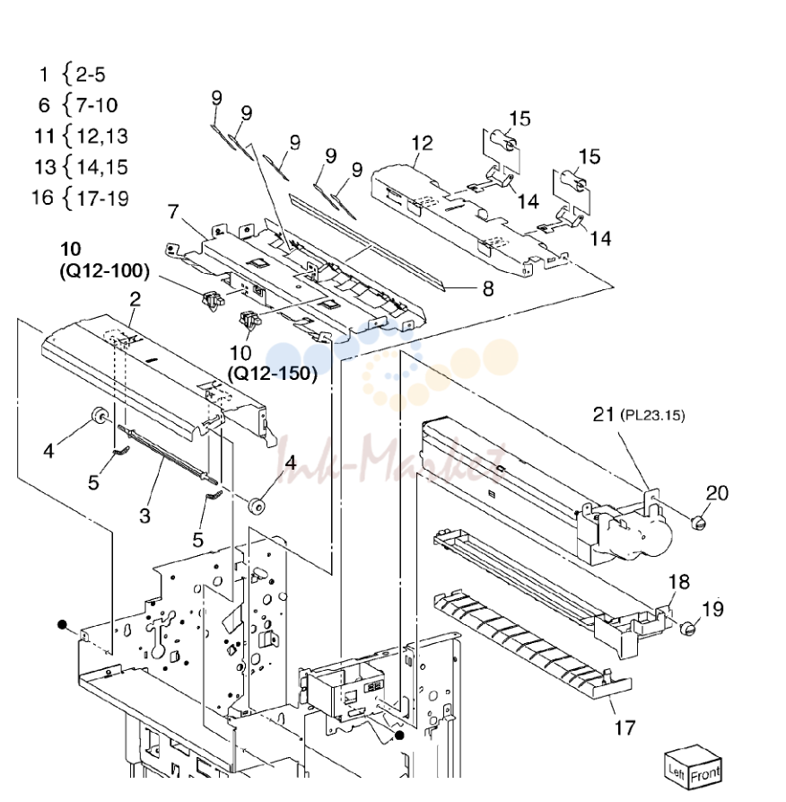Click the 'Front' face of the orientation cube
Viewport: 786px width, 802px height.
706,774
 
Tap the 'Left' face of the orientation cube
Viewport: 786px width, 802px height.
677,770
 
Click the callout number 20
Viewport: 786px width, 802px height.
717,493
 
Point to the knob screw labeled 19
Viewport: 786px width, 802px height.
688,628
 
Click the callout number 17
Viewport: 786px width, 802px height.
624,727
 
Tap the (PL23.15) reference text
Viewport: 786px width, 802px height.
652,415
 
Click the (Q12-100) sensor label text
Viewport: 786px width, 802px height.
105,271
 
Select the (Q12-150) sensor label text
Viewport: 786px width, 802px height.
273,374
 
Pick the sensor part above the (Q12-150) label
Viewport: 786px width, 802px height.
250,321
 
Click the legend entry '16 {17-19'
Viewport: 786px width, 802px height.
80,198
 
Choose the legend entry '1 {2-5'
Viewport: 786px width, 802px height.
72,75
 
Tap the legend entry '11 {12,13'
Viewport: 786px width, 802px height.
81,136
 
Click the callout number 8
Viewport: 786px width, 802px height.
488,289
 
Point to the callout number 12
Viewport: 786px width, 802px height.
422,143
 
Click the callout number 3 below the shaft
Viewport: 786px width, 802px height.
145,516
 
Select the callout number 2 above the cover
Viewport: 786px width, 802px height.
135,299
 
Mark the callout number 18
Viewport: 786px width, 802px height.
679,582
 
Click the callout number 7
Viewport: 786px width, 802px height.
174,211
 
